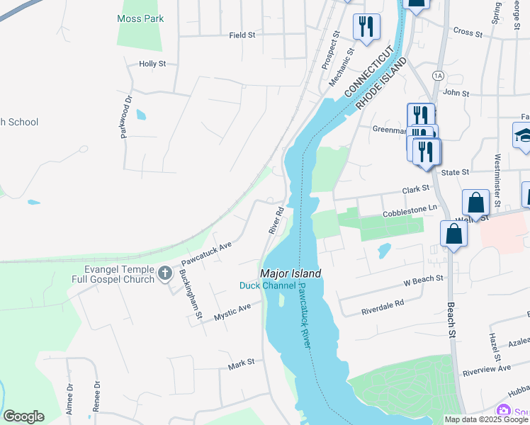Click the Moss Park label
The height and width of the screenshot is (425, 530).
click(x=140, y=18)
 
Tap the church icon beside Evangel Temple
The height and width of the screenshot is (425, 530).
click(x=164, y=273)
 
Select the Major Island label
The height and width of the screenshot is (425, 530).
click(x=291, y=273)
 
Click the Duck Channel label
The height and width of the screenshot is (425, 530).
click(x=267, y=285)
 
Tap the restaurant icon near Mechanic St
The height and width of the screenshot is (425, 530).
click(x=366, y=28)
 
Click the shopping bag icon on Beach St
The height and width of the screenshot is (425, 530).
click(x=453, y=234)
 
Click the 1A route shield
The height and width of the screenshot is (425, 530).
click(x=438, y=74)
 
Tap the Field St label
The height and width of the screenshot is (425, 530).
click(x=242, y=34)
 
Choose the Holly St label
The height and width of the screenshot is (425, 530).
click(x=152, y=64)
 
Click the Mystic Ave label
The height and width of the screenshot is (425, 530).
click(x=233, y=312)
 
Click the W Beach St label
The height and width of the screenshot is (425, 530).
click(x=423, y=280)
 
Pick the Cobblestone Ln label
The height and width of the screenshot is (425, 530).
click(x=410, y=210)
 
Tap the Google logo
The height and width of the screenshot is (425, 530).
click(x=23, y=416)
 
